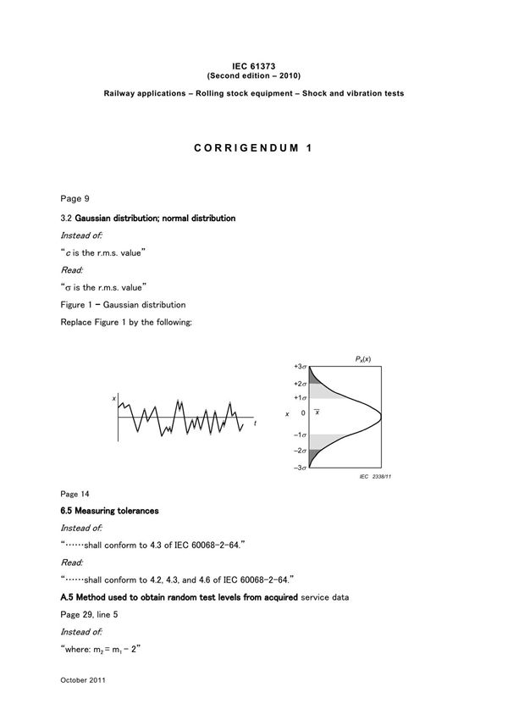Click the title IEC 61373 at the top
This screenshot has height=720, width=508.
[x=254, y=64]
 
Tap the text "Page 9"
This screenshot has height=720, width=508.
[x=75, y=198]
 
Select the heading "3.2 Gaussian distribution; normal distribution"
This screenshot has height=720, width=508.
[x=147, y=219]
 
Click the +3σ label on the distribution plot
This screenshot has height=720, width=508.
[x=300, y=367]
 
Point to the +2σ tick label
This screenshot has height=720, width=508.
[x=300, y=384]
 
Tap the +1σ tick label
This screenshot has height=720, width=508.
[x=300, y=397]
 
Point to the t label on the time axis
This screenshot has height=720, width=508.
[x=255, y=423]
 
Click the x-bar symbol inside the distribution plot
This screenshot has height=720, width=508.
[x=317, y=412]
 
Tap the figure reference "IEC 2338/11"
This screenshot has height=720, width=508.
[x=376, y=478]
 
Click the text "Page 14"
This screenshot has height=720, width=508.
[x=75, y=494]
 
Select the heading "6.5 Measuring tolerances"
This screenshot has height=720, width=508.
[x=109, y=512]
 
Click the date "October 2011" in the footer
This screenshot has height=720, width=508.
[x=82, y=679]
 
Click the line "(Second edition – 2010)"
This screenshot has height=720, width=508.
[x=254, y=74]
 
